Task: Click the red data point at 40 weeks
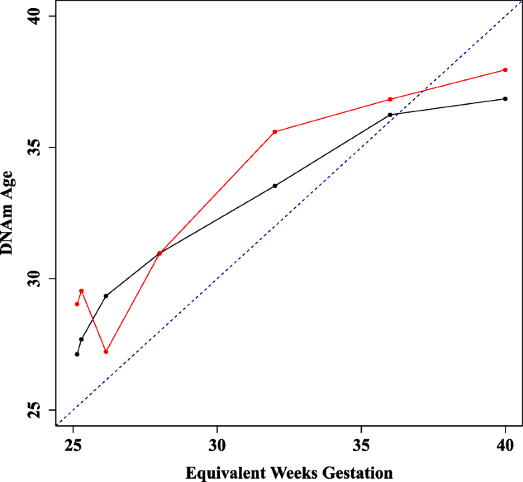tap(506, 70)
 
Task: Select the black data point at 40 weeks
tap(506, 99)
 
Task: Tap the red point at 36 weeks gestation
tap(390, 99)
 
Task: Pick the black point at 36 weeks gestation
tap(390, 115)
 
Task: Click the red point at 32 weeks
tap(274, 132)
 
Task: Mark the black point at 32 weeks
tap(274, 186)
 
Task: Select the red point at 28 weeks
tap(159, 253)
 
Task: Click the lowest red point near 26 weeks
tap(106, 351)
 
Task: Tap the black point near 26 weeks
tap(106, 295)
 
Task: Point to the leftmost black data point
tap(77, 354)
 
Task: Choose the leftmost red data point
tap(77, 304)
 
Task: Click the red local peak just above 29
tap(81, 291)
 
